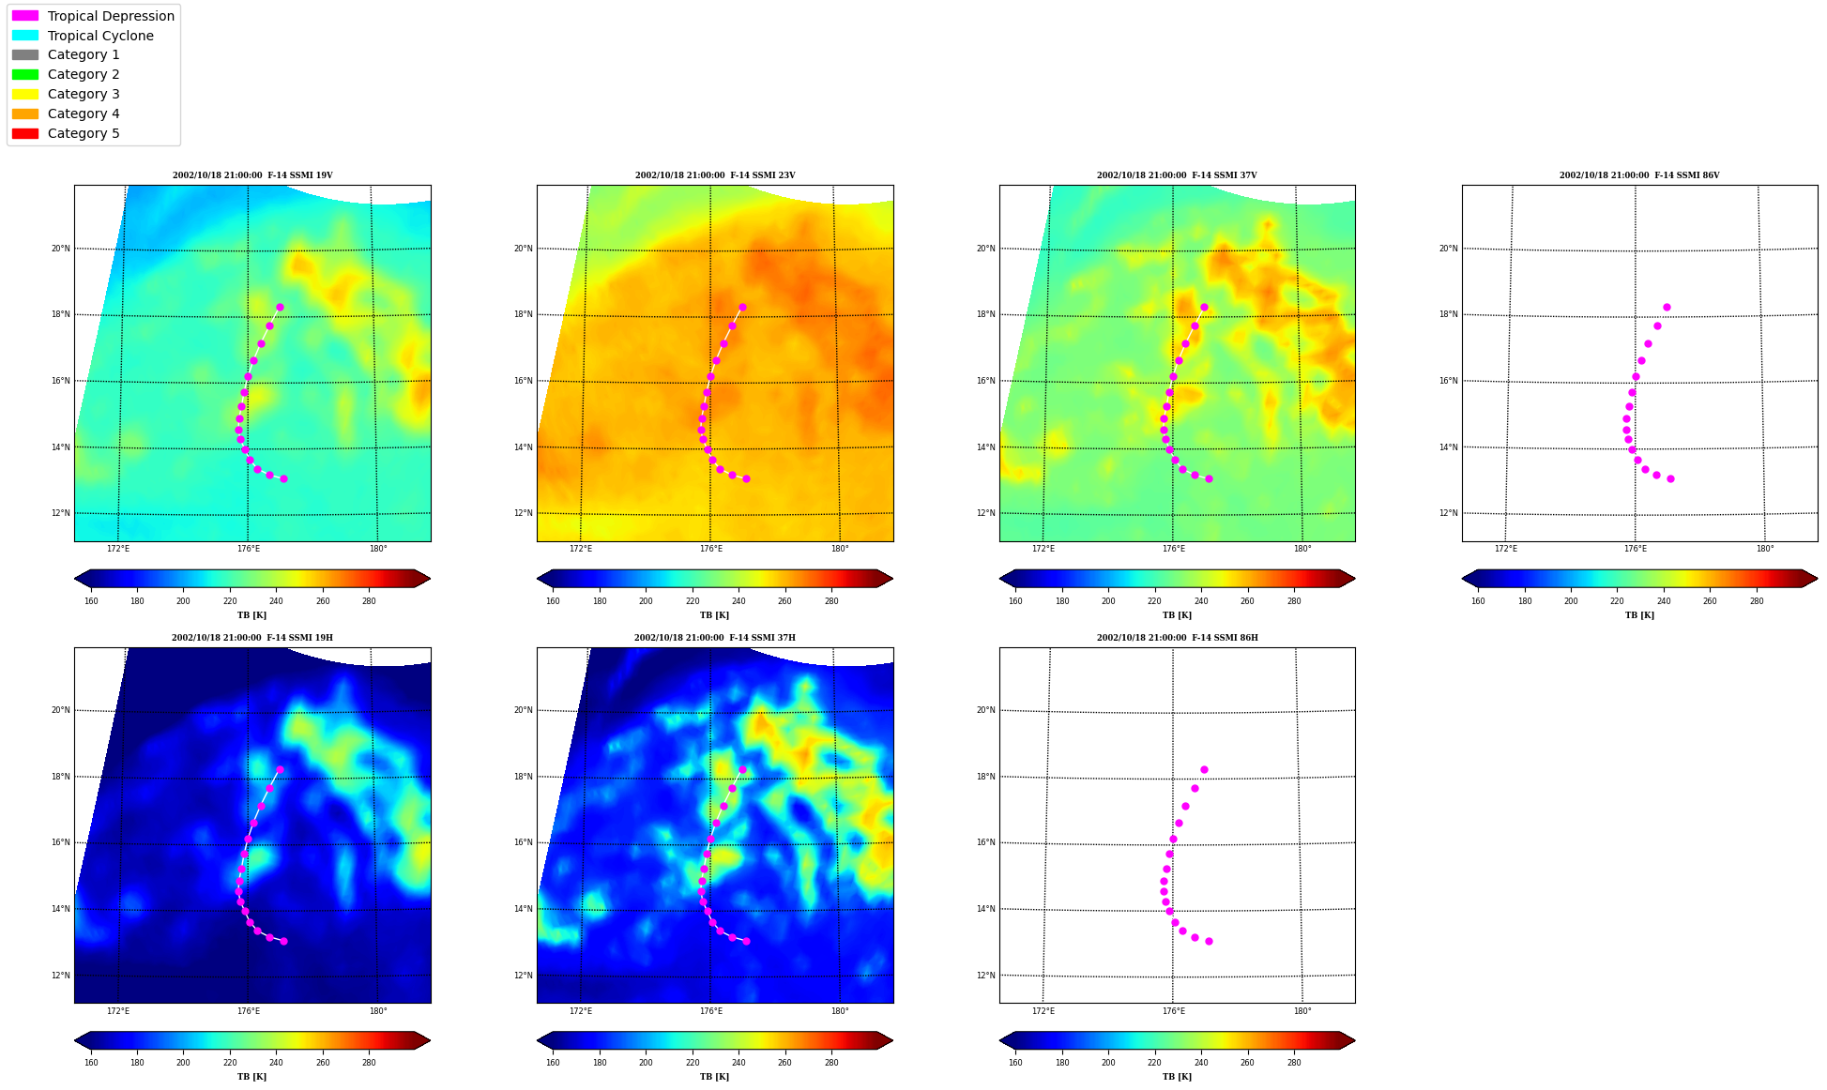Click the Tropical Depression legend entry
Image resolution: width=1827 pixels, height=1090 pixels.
(93, 16)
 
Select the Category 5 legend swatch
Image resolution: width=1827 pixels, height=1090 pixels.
(25, 133)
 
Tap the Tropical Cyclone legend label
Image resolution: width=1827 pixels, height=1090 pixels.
(100, 36)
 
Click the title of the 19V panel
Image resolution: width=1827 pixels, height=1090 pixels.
(252, 175)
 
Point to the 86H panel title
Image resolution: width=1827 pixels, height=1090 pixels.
(1178, 638)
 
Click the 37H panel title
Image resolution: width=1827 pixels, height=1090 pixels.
(715, 638)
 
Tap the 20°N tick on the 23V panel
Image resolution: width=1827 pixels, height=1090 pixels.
(523, 249)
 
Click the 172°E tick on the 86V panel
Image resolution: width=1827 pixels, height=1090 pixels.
(1506, 549)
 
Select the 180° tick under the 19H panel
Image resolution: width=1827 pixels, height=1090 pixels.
(378, 1011)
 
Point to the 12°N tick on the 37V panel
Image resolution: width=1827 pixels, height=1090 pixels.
(985, 513)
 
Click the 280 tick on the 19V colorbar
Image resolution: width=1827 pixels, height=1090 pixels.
(369, 601)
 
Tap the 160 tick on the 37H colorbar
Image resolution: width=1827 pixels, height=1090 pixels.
(553, 1063)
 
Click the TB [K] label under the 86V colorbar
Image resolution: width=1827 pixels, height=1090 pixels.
(1639, 615)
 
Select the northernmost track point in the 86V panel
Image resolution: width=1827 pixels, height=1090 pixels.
(1667, 307)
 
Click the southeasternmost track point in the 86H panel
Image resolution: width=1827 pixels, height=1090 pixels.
(1209, 941)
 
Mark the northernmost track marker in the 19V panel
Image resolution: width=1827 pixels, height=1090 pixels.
(280, 307)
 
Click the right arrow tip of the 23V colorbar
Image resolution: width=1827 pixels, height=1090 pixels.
(892, 579)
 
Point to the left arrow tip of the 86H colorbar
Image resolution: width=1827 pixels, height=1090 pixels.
(1000, 1040)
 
